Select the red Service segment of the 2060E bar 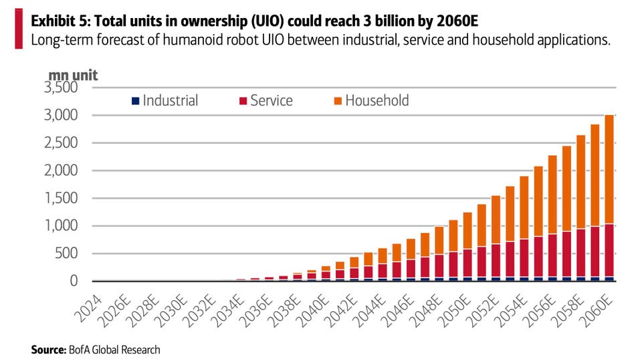point(605,250)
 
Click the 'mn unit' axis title point(73,75)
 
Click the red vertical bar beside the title point(18,29)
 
